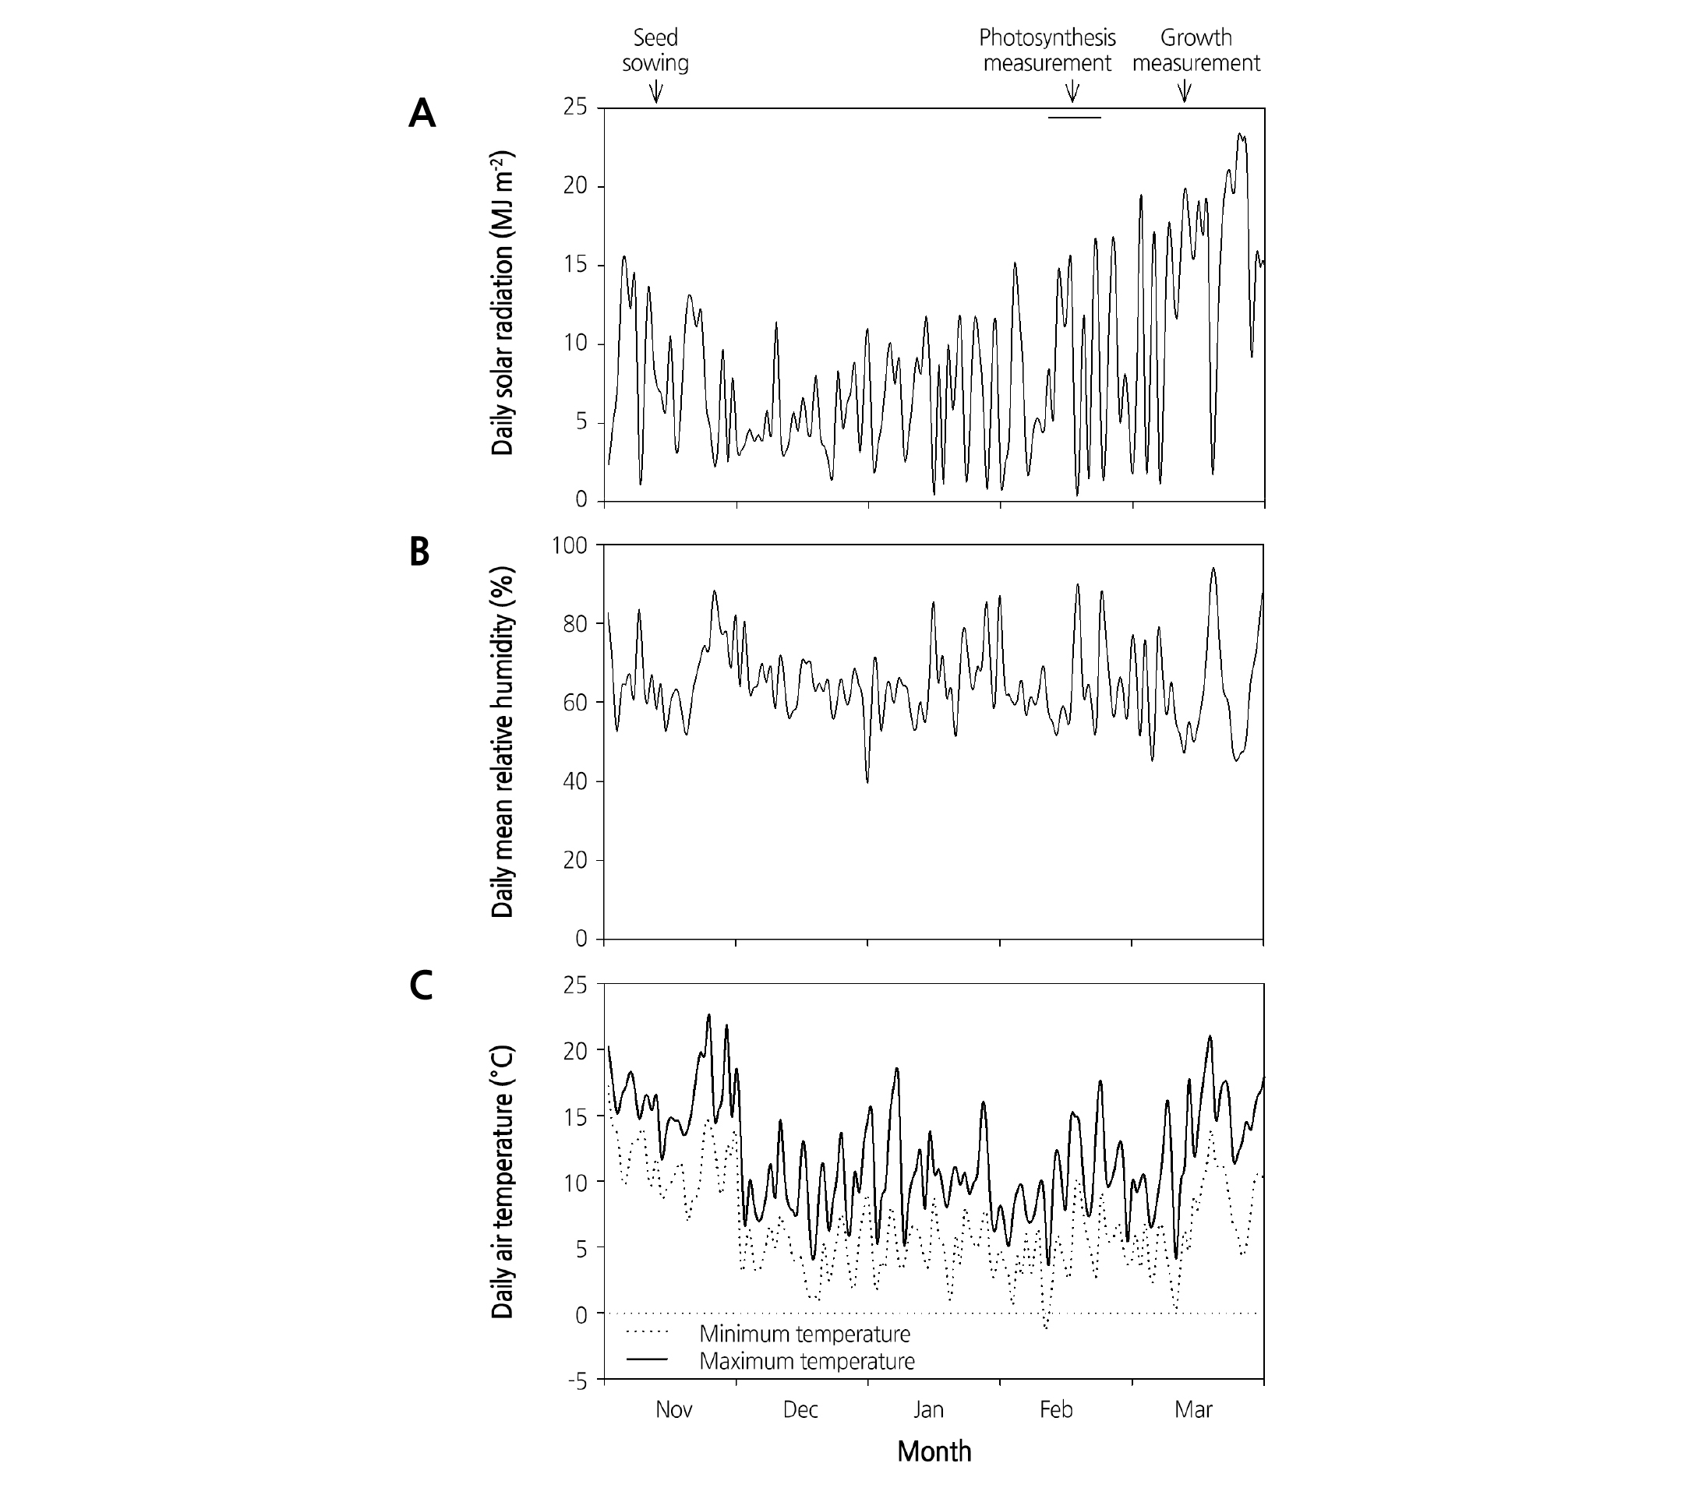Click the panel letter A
tap(422, 114)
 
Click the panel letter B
tap(419, 552)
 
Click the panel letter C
tap(421, 986)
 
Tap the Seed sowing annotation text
tap(655, 50)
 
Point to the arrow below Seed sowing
tap(655, 90)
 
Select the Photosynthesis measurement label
tap(1047, 50)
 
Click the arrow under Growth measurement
tap(1185, 90)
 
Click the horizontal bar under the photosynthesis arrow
tap(1074, 118)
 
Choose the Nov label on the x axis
tap(674, 1409)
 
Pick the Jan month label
tap(929, 1409)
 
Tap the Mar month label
tap(1193, 1409)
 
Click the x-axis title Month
tap(934, 1451)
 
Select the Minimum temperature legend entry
tap(804, 1335)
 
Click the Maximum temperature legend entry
tap(806, 1362)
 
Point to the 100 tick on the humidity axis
tap(569, 545)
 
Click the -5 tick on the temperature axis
tap(576, 1383)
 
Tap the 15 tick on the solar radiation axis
tap(576, 265)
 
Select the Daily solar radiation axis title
tap(503, 303)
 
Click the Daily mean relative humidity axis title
tap(503, 742)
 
